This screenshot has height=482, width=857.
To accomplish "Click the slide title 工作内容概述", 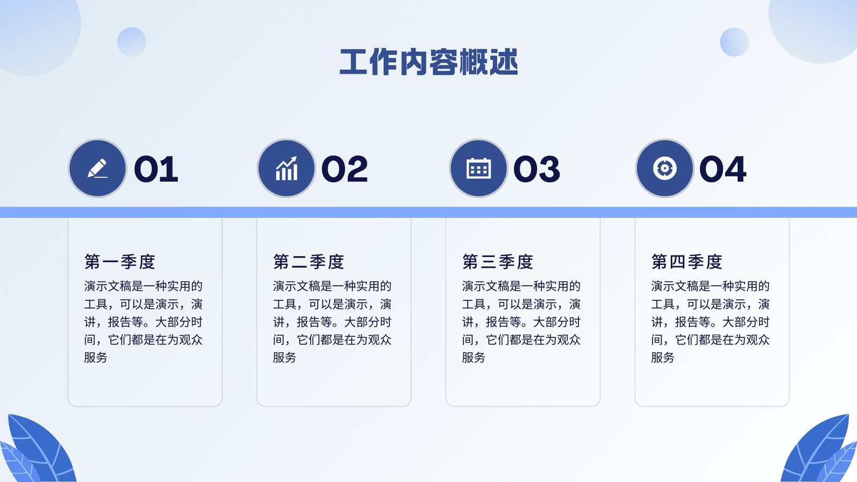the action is tap(428, 62).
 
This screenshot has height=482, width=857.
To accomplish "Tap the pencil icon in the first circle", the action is tap(97, 168).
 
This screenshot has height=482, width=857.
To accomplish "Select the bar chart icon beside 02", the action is tap(287, 168).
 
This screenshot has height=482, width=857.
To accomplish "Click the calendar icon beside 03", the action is tap(479, 168).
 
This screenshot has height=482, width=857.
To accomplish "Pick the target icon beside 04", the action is tap(665, 168).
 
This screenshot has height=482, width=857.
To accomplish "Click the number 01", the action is tap(156, 169).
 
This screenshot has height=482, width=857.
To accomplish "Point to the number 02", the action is tap(345, 169).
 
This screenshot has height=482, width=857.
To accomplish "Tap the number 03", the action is tap(537, 169).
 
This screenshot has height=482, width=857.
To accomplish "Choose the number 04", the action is tap(723, 169).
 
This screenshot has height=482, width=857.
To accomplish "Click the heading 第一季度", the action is tap(120, 262).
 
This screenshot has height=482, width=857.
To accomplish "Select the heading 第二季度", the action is tap(309, 262).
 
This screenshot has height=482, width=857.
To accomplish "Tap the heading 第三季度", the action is tap(498, 262).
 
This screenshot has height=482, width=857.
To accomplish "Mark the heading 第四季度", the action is tap(687, 262).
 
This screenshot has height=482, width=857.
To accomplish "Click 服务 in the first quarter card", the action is tap(96, 357).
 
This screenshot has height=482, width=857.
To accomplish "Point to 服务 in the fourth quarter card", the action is tap(663, 357).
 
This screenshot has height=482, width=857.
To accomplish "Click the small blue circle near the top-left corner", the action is tap(132, 42).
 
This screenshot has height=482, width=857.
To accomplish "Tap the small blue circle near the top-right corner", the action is tap(734, 42).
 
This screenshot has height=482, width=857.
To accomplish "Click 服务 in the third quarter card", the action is tap(473, 357).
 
